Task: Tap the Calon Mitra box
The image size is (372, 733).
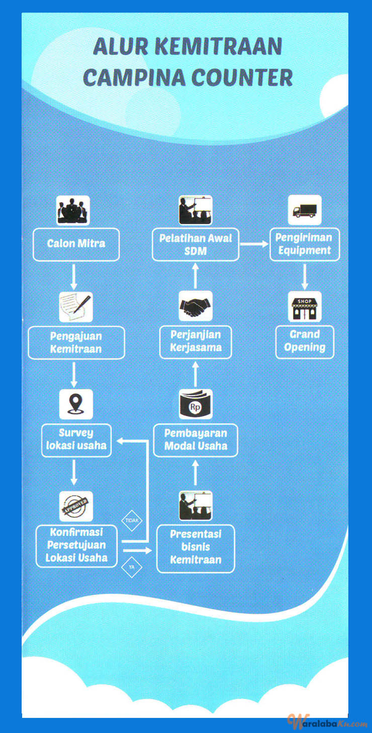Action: click(76, 245)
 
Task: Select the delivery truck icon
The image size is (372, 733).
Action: click(305, 210)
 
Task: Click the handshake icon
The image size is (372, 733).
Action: click(196, 306)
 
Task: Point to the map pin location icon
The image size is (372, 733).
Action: click(76, 404)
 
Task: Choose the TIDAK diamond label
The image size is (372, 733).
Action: click(132, 520)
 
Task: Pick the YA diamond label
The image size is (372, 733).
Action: click(132, 567)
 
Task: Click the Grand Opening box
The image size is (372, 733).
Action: click(305, 342)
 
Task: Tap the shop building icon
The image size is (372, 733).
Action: click(305, 306)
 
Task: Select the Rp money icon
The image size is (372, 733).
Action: click(196, 404)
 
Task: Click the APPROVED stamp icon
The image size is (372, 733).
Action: click(76, 506)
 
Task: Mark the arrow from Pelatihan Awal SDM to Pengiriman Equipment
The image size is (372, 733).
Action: click(254, 244)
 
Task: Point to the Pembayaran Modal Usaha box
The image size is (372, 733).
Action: click(196, 440)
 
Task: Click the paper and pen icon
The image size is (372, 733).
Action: click(76, 307)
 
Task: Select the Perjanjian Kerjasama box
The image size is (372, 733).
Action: click(196, 342)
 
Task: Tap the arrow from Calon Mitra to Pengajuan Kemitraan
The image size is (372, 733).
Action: click(74, 277)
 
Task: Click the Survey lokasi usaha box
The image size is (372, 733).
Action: click(76, 440)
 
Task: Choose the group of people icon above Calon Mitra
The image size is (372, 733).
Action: click(73, 210)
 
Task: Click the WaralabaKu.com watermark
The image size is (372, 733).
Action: click(327, 721)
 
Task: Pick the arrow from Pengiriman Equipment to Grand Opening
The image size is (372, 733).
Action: click(305, 277)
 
